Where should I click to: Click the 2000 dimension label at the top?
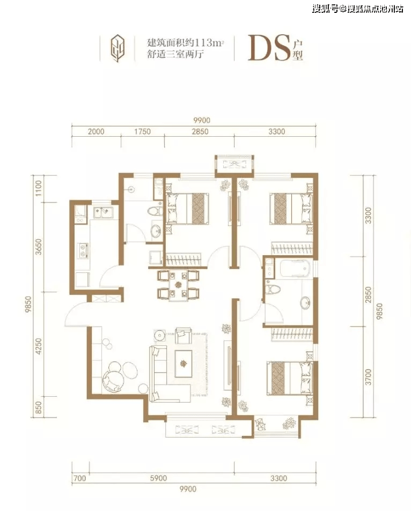pos(96,132)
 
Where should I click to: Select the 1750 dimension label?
pos(143,132)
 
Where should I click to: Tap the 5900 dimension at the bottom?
pos(158,478)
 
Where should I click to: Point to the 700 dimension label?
pos(80,478)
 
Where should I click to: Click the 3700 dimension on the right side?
pos(368,377)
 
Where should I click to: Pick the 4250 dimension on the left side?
pos(39,346)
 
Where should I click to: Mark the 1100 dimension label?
pos(39,188)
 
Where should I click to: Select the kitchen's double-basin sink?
pos(103,212)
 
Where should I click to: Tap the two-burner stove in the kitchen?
pos(83,250)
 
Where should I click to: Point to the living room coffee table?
pos(184,364)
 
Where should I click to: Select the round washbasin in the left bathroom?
pos(156,231)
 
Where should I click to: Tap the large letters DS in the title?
pos(269,48)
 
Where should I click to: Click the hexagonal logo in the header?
pos(118,49)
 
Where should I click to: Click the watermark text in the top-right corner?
pos(357,9)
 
